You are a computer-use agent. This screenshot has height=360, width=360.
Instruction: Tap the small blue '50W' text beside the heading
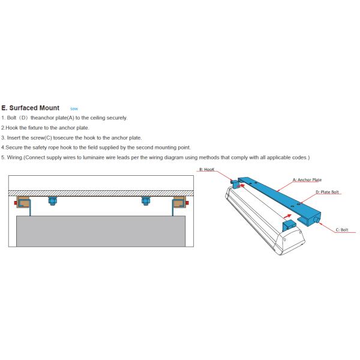(x=74, y=109)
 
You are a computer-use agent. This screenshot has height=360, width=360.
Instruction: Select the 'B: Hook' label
(x=206, y=170)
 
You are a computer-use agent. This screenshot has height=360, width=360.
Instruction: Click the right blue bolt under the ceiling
(x=145, y=200)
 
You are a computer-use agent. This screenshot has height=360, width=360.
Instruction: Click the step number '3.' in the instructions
(x=3, y=137)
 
